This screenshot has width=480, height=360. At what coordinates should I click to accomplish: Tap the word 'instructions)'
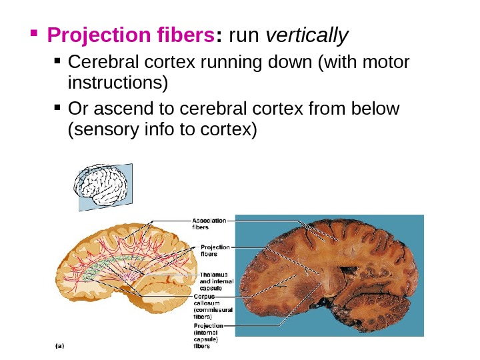point(119,85)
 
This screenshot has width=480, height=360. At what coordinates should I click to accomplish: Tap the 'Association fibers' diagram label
point(209,223)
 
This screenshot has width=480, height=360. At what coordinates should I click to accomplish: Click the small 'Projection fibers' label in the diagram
point(215,250)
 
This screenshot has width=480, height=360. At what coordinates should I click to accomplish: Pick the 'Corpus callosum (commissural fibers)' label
point(213,305)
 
